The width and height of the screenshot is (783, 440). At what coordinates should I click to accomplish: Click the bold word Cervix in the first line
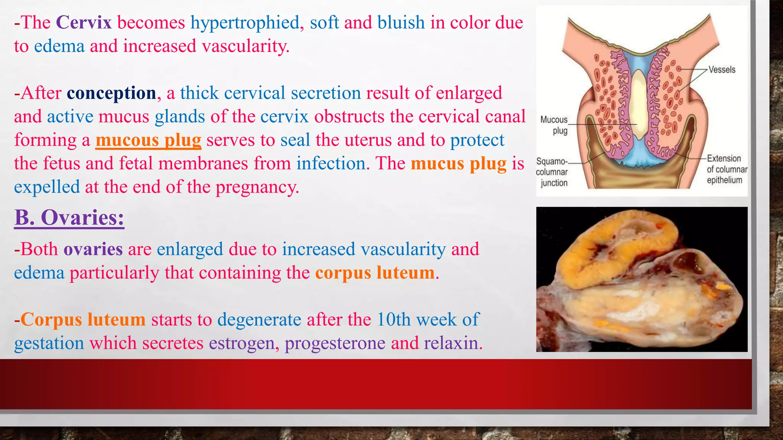click(x=84, y=23)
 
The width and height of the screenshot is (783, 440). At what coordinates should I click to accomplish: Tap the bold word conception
click(x=111, y=93)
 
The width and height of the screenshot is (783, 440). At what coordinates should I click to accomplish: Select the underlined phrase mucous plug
click(x=148, y=140)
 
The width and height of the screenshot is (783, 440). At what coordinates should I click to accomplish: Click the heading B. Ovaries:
click(x=69, y=218)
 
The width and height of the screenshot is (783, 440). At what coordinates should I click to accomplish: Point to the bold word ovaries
click(x=93, y=249)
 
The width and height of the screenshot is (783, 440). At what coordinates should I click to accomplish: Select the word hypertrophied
click(x=245, y=23)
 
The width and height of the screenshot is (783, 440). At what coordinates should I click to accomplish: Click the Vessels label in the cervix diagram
click(x=722, y=70)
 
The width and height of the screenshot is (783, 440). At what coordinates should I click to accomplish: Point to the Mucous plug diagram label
click(x=554, y=125)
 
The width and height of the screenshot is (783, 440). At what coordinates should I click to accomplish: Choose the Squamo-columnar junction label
click(x=552, y=172)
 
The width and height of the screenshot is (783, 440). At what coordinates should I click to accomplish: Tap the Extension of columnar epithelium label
click(x=726, y=169)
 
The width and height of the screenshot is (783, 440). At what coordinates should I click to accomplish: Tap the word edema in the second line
click(x=59, y=46)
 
